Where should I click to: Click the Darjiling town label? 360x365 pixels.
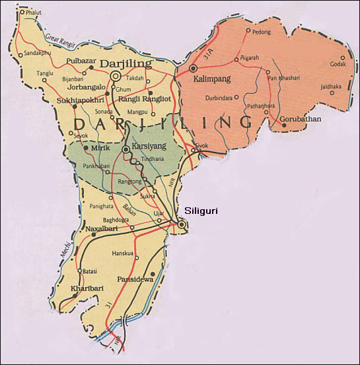[127, 64]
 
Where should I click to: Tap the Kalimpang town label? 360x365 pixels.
[212, 78]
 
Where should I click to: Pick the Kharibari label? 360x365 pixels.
[87, 289]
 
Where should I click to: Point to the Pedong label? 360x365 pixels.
[261, 31]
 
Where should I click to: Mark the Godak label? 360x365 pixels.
[338, 65]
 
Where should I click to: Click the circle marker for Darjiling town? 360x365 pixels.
[115, 77]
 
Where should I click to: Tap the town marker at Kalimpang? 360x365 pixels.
[193, 68]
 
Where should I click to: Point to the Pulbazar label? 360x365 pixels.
[83, 61]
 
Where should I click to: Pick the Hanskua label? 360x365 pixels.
[124, 251]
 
